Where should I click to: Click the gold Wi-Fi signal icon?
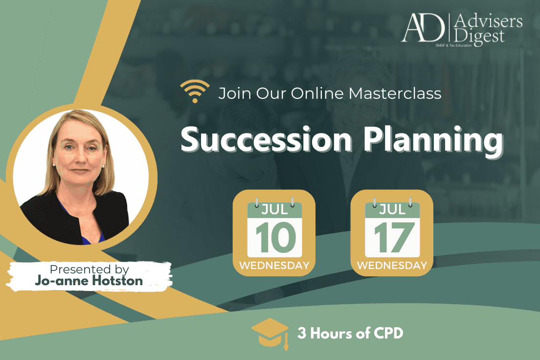195,91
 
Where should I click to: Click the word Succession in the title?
266,140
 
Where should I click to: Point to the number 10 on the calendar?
275,237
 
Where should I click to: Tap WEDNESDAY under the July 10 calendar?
274,265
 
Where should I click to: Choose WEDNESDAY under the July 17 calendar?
392,265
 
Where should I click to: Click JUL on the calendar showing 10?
274,209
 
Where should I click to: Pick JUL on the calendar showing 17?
392,209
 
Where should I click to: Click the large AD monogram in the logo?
423,27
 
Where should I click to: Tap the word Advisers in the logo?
488,22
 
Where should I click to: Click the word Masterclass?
395,93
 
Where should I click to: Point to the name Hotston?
117,281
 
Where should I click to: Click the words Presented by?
90,270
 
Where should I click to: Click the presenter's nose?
80,157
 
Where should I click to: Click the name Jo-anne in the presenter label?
62,281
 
